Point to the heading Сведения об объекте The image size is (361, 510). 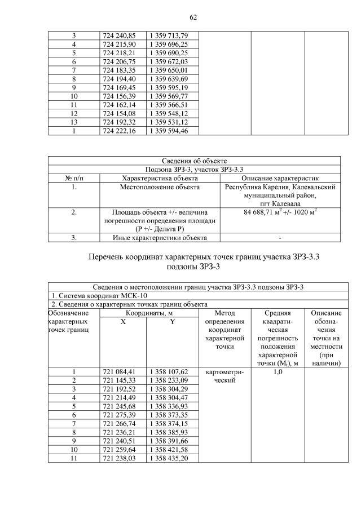[x=194, y=161]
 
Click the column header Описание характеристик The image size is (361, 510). [x=280, y=178]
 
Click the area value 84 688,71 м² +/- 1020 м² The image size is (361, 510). [x=280, y=212]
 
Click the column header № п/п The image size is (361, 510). [x=74, y=178]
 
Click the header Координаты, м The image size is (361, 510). [x=148, y=313]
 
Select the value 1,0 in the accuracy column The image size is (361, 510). [x=277, y=372]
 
